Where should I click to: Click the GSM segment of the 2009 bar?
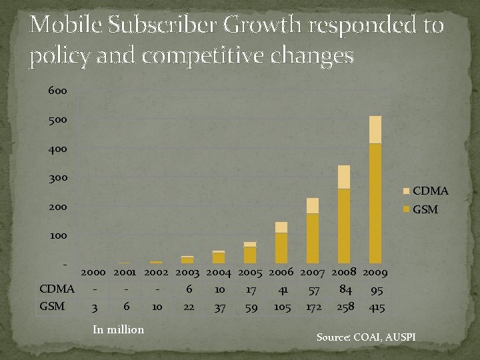coord(375,203)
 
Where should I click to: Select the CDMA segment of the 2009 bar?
coord(375,130)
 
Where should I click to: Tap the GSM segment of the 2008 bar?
coord(344,225)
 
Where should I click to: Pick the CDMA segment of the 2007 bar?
coord(313,205)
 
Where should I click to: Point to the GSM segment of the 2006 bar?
coord(281,247)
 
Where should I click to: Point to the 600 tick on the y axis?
coord(57,91)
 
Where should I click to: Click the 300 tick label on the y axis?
coord(57,178)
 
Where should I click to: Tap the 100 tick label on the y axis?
coord(57,236)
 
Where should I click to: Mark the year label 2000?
coord(95,272)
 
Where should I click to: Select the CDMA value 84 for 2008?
coord(345,289)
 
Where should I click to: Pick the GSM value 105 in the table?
coord(283,307)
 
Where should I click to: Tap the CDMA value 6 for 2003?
coord(189,289)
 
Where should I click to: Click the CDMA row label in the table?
coord(57,289)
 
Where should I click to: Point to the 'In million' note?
coord(119,329)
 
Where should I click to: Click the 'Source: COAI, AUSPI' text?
coord(365,338)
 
